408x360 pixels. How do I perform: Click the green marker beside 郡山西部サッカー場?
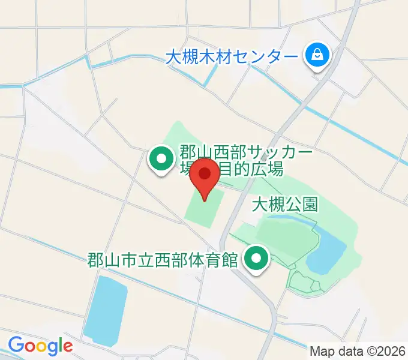(x=161, y=160)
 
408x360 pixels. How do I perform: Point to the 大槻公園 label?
(x=284, y=205)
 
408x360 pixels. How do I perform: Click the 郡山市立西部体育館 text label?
(x=164, y=260)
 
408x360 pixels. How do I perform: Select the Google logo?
(x=40, y=346)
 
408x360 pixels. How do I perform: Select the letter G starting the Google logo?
(x=16, y=345)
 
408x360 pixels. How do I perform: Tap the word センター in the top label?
(x=265, y=58)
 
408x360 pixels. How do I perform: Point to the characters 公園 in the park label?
(x=301, y=205)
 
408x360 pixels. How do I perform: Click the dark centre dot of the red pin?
(x=205, y=173)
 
